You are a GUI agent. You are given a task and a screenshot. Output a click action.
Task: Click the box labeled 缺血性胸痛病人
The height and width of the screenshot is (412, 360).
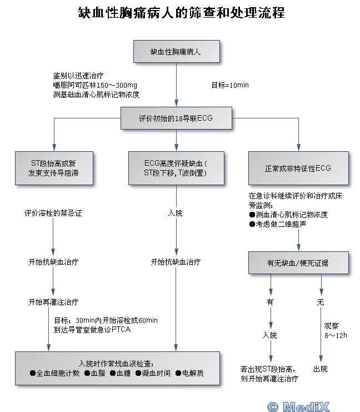[x=176, y=52]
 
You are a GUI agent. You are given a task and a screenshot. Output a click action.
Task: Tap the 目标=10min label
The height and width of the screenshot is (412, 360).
[x=229, y=85]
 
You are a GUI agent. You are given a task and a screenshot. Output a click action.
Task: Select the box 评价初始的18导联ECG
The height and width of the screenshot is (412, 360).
[x=176, y=118]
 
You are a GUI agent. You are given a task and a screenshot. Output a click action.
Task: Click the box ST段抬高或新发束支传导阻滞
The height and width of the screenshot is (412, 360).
[x=54, y=168]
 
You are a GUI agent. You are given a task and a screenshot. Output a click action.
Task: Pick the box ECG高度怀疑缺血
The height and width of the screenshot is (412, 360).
[x=176, y=168]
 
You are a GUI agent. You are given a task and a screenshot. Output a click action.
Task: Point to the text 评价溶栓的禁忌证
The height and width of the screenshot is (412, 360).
[x=53, y=213]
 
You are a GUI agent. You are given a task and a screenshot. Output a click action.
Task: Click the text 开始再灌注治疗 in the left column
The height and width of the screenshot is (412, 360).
[x=53, y=302]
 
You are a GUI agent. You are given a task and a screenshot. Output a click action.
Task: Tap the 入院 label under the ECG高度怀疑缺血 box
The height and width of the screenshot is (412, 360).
[x=176, y=213]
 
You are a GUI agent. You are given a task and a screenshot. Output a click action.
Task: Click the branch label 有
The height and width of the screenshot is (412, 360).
[x=271, y=302]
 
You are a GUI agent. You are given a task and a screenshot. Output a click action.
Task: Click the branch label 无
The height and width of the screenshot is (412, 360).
[x=320, y=302]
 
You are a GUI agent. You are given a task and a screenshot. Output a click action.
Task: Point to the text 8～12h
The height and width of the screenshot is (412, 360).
[x=336, y=335]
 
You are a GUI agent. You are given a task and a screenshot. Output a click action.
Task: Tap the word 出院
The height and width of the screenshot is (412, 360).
[x=321, y=369]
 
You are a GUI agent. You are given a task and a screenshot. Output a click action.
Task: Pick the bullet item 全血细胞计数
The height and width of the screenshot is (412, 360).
[x=55, y=373]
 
